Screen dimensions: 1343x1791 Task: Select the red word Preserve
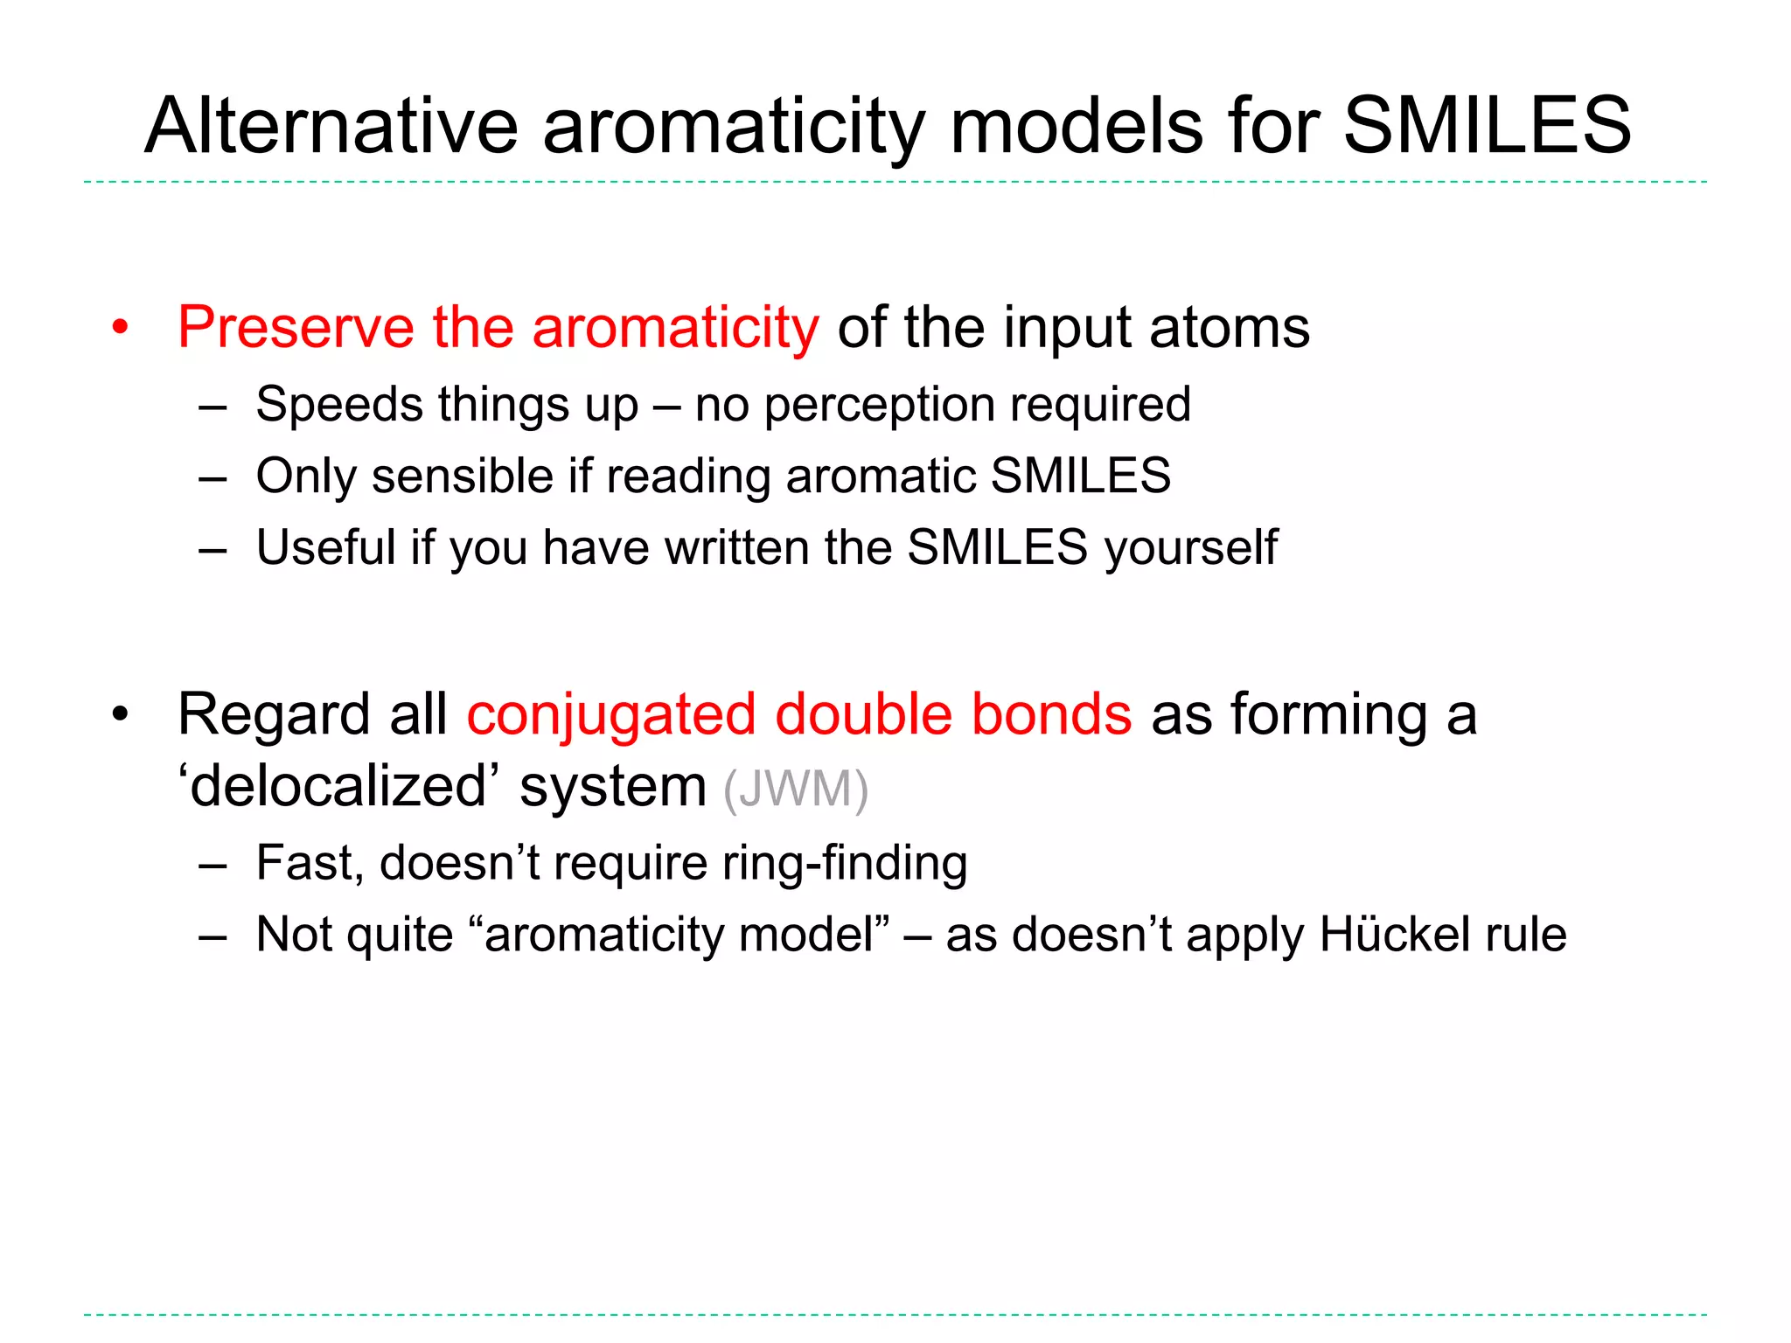295,327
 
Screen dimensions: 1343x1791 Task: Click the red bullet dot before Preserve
120,329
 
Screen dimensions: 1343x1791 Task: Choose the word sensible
463,477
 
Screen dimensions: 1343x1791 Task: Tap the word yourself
1190,549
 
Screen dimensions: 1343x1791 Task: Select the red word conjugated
610,716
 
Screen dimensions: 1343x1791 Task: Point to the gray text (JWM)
795,789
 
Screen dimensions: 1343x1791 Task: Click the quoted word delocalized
338,786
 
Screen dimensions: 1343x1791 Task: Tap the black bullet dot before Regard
120,715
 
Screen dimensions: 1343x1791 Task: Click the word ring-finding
844,864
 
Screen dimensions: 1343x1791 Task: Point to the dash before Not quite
213,936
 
